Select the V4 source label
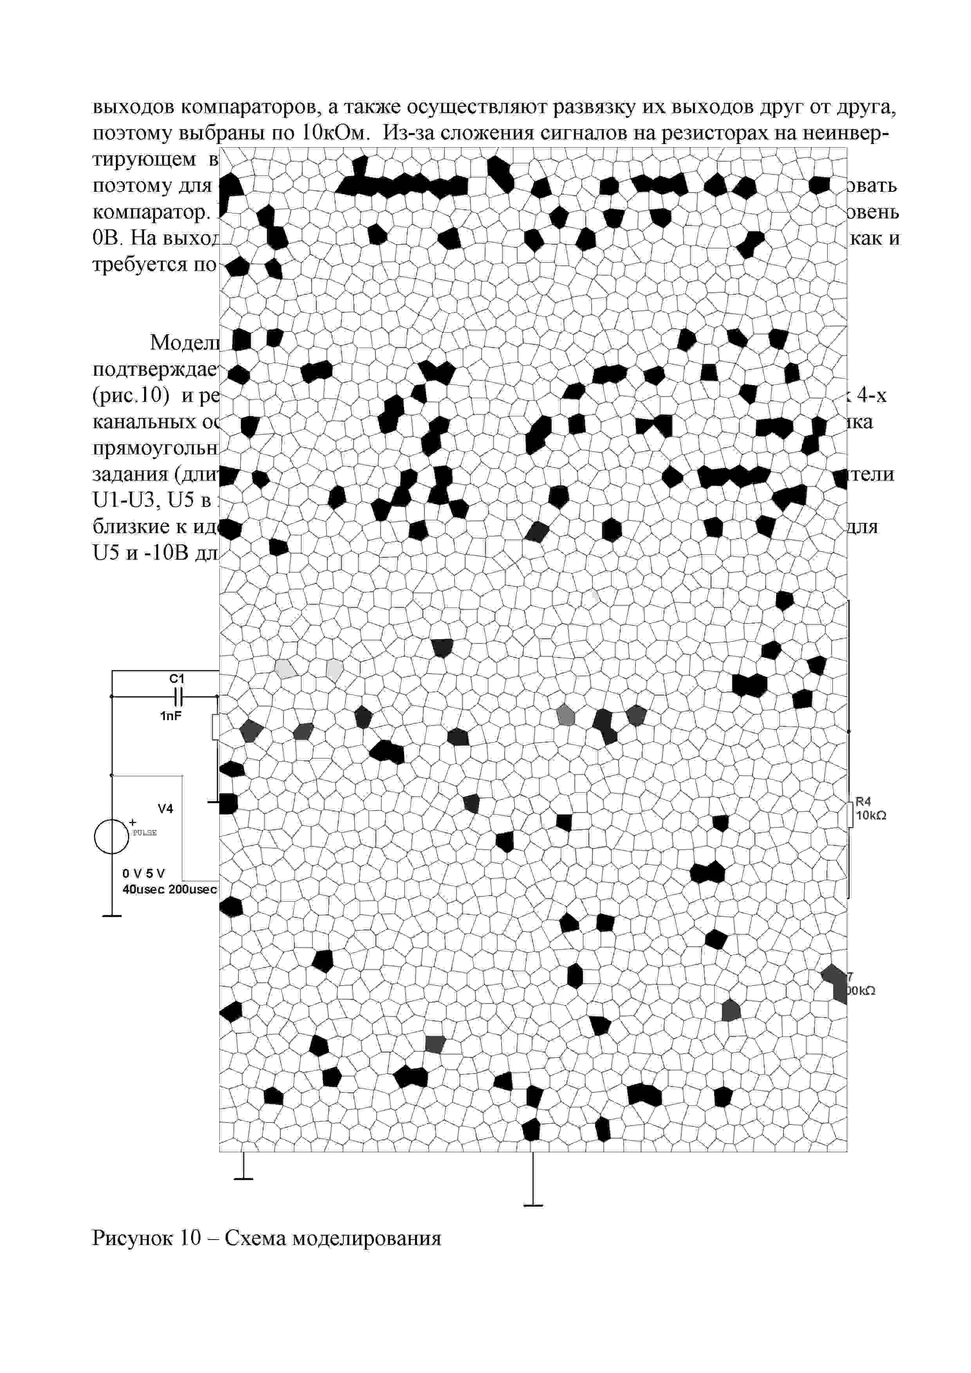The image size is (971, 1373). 165,809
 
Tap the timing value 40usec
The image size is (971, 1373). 144,889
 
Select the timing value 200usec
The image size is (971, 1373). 193,889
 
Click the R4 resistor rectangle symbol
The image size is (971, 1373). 850,814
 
